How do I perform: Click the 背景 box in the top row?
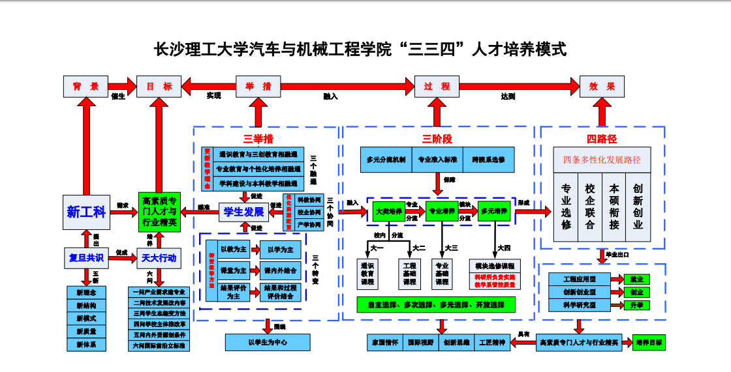(x=86, y=87)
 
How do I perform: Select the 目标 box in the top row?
(x=159, y=87)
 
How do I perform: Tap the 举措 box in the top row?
(x=258, y=87)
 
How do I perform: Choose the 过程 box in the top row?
(x=437, y=87)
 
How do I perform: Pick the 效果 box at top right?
(x=602, y=87)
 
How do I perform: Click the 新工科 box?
(x=86, y=212)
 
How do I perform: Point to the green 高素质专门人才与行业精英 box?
(x=159, y=212)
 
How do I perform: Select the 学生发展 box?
(x=243, y=212)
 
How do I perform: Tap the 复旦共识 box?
(x=86, y=258)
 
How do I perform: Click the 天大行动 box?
(x=159, y=258)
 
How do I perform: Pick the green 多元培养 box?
(x=493, y=211)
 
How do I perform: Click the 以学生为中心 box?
(x=267, y=341)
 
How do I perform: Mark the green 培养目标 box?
(x=649, y=343)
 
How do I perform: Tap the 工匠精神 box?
(x=491, y=343)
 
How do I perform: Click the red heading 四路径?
(x=601, y=139)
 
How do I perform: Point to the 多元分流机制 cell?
(x=386, y=160)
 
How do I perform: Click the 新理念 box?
(x=86, y=293)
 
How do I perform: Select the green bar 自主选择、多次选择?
(x=435, y=304)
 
